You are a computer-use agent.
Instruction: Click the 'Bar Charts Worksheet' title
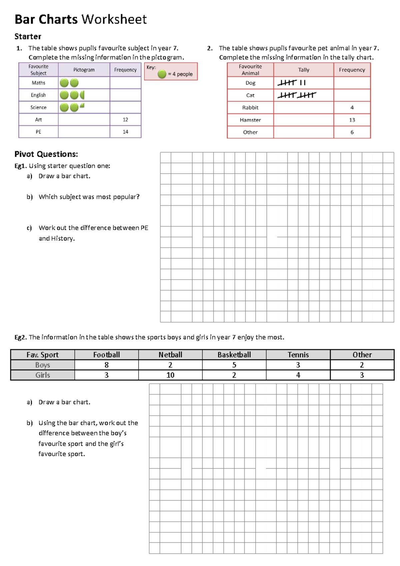click(80, 19)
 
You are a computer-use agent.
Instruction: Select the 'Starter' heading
click(28, 36)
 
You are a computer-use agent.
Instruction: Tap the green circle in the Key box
click(162, 74)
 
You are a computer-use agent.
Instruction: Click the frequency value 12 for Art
click(125, 119)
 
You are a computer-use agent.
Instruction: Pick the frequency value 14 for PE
click(125, 132)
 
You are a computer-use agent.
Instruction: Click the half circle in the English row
click(82, 95)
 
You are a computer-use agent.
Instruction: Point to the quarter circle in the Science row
click(82, 106)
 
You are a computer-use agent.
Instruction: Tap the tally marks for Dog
click(291, 83)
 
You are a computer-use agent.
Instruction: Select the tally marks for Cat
click(296, 95)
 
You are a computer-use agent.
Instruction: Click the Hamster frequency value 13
click(352, 120)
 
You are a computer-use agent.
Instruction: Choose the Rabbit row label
click(250, 107)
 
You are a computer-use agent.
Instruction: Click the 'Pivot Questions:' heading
click(46, 154)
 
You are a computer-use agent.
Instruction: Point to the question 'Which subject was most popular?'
click(89, 197)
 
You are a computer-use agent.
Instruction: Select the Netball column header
click(170, 355)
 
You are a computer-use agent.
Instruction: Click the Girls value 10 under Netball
click(170, 375)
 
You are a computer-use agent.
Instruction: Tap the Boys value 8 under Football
click(106, 365)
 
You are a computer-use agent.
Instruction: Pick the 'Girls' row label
click(43, 375)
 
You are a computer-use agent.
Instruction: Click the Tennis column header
click(298, 355)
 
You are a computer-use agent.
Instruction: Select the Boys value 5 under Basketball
click(234, 365)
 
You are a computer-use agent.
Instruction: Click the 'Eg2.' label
click(20, 337)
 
